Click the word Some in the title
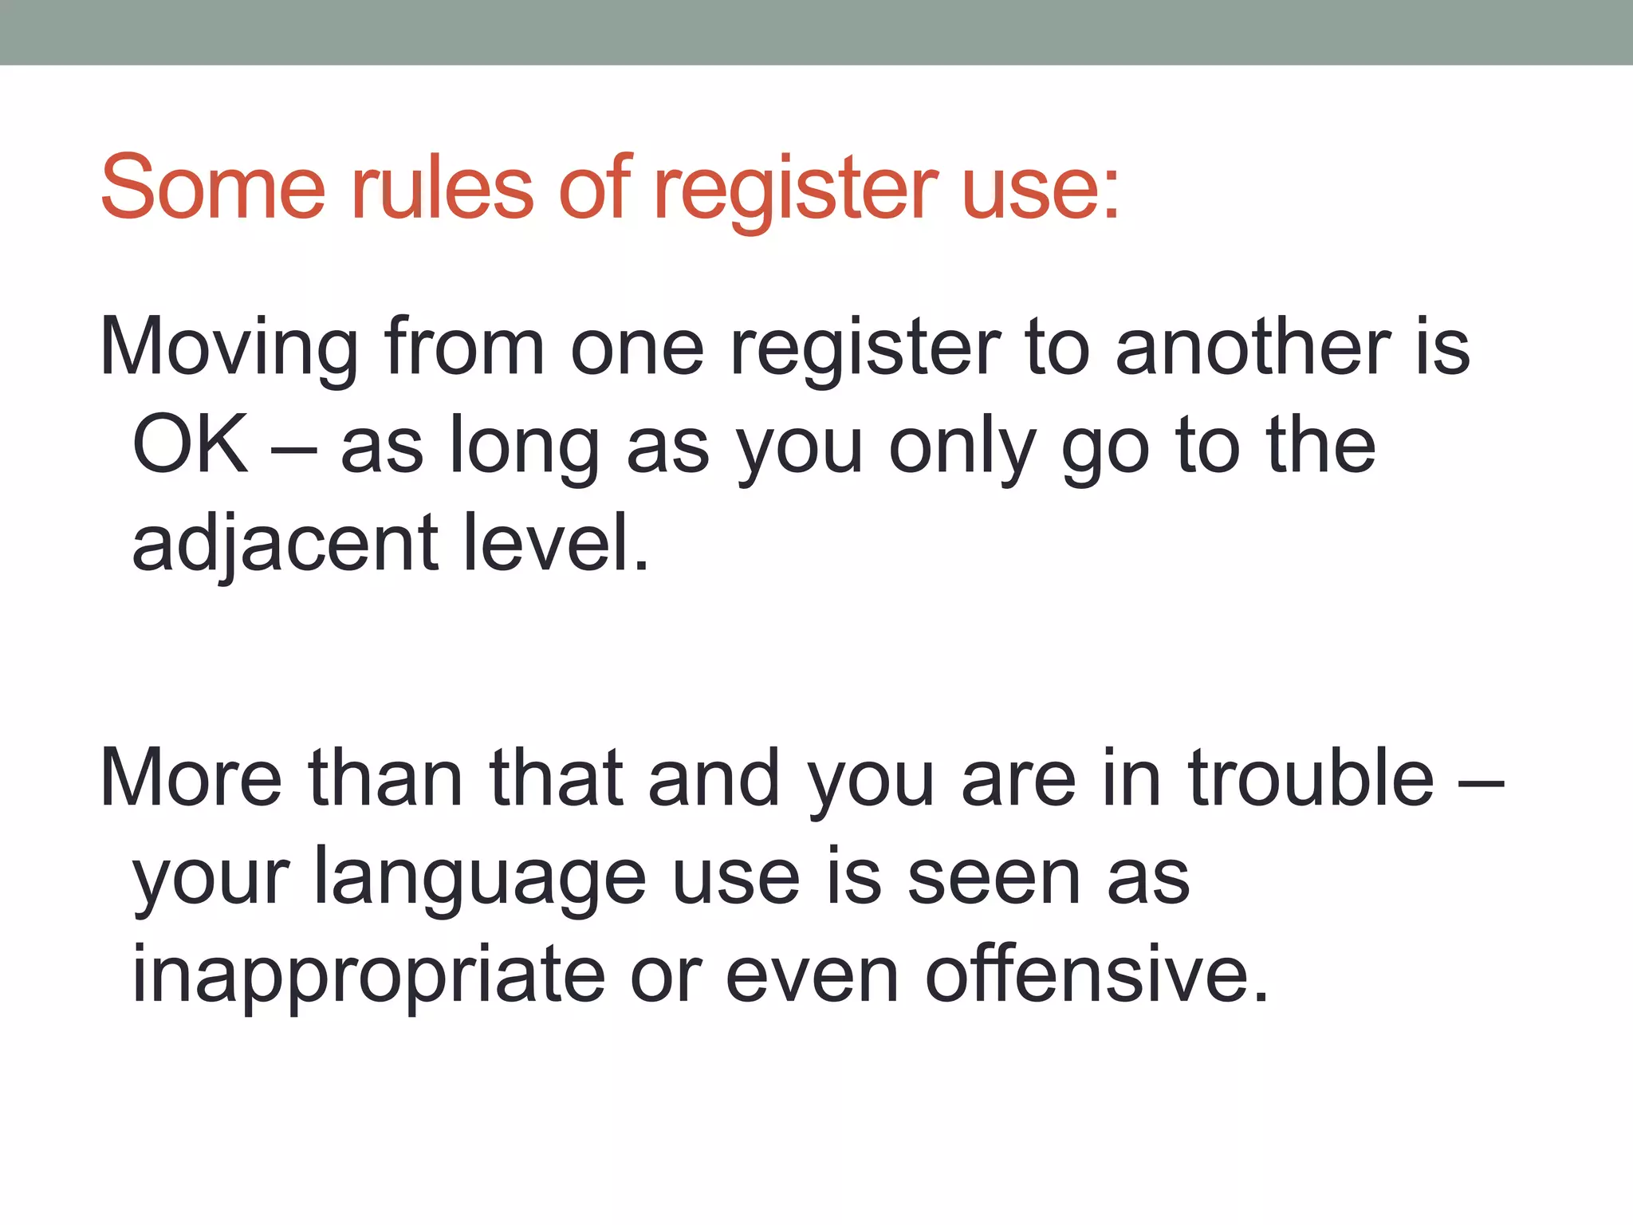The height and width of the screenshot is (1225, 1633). pyautogui.click(x=213, y=188)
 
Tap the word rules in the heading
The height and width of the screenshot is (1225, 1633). pyautogui.click(x=443, y=188)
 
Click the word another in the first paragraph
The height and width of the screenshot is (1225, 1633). pyautogui.click(x=1253, y=348)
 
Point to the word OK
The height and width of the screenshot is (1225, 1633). pyautogui.click(x=190, y=445)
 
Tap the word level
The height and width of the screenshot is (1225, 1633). pyautogui.click(x=556, y=543)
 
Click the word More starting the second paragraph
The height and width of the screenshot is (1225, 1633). pyautogui.click(x=191, y=778)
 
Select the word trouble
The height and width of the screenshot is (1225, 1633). pyautogui.click(x=1311, y=778)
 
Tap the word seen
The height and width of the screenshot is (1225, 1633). pyautogui.click(x=994, y=878)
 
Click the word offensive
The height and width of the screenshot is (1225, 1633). pyautogui.click(x=1096, y=975)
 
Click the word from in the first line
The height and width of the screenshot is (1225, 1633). pyautogui.click(x=464, y=348)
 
